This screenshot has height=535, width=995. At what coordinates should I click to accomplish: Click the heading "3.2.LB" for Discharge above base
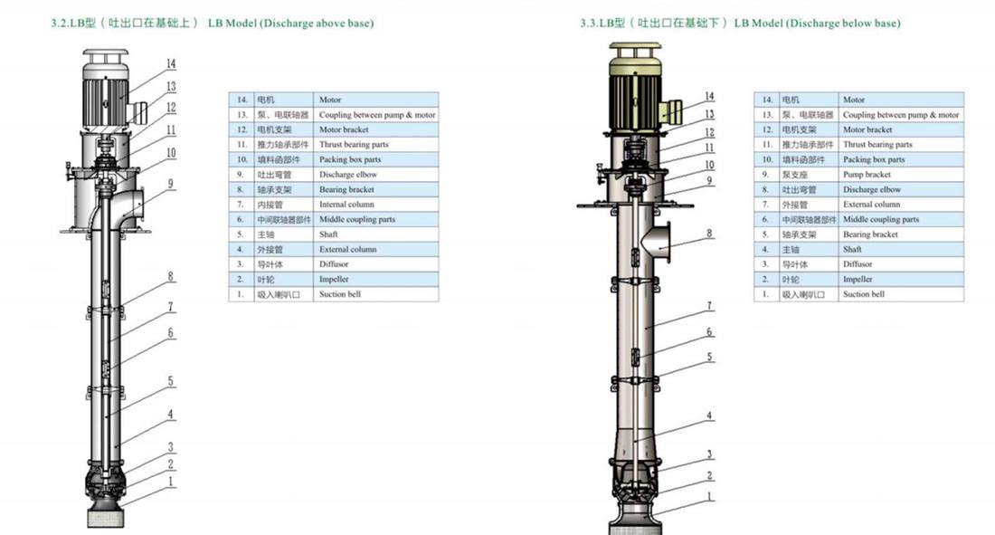point(68,24)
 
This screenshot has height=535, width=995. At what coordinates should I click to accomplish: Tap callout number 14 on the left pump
point(171,63)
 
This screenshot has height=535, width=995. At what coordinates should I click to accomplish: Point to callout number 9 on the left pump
point(171,184)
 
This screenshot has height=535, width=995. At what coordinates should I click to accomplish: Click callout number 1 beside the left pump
point(171,482)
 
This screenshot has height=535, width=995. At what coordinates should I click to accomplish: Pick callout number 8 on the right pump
point(709,234)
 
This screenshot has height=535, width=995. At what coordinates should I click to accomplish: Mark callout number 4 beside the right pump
point(709,416)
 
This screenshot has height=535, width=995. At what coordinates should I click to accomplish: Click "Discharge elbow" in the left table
point(347,175)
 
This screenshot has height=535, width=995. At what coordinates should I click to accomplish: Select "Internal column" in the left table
point(346,205)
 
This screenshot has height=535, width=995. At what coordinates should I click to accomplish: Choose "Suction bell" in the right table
point(864,294)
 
